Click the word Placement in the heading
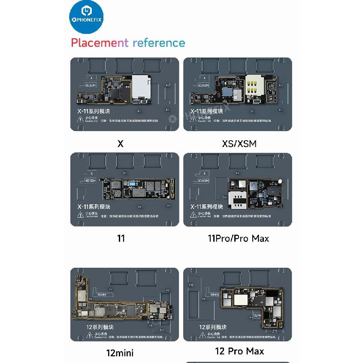click(99, 43)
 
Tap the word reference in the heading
click(159, 43)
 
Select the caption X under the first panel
click(120, 144)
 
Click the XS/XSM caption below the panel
click(239, 144)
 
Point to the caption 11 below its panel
click(121, 238)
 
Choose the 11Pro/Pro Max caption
click(238, 238)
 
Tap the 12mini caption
click(120, 353)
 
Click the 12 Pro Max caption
click(239, 351)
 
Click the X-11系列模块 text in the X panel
click(92, 111)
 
